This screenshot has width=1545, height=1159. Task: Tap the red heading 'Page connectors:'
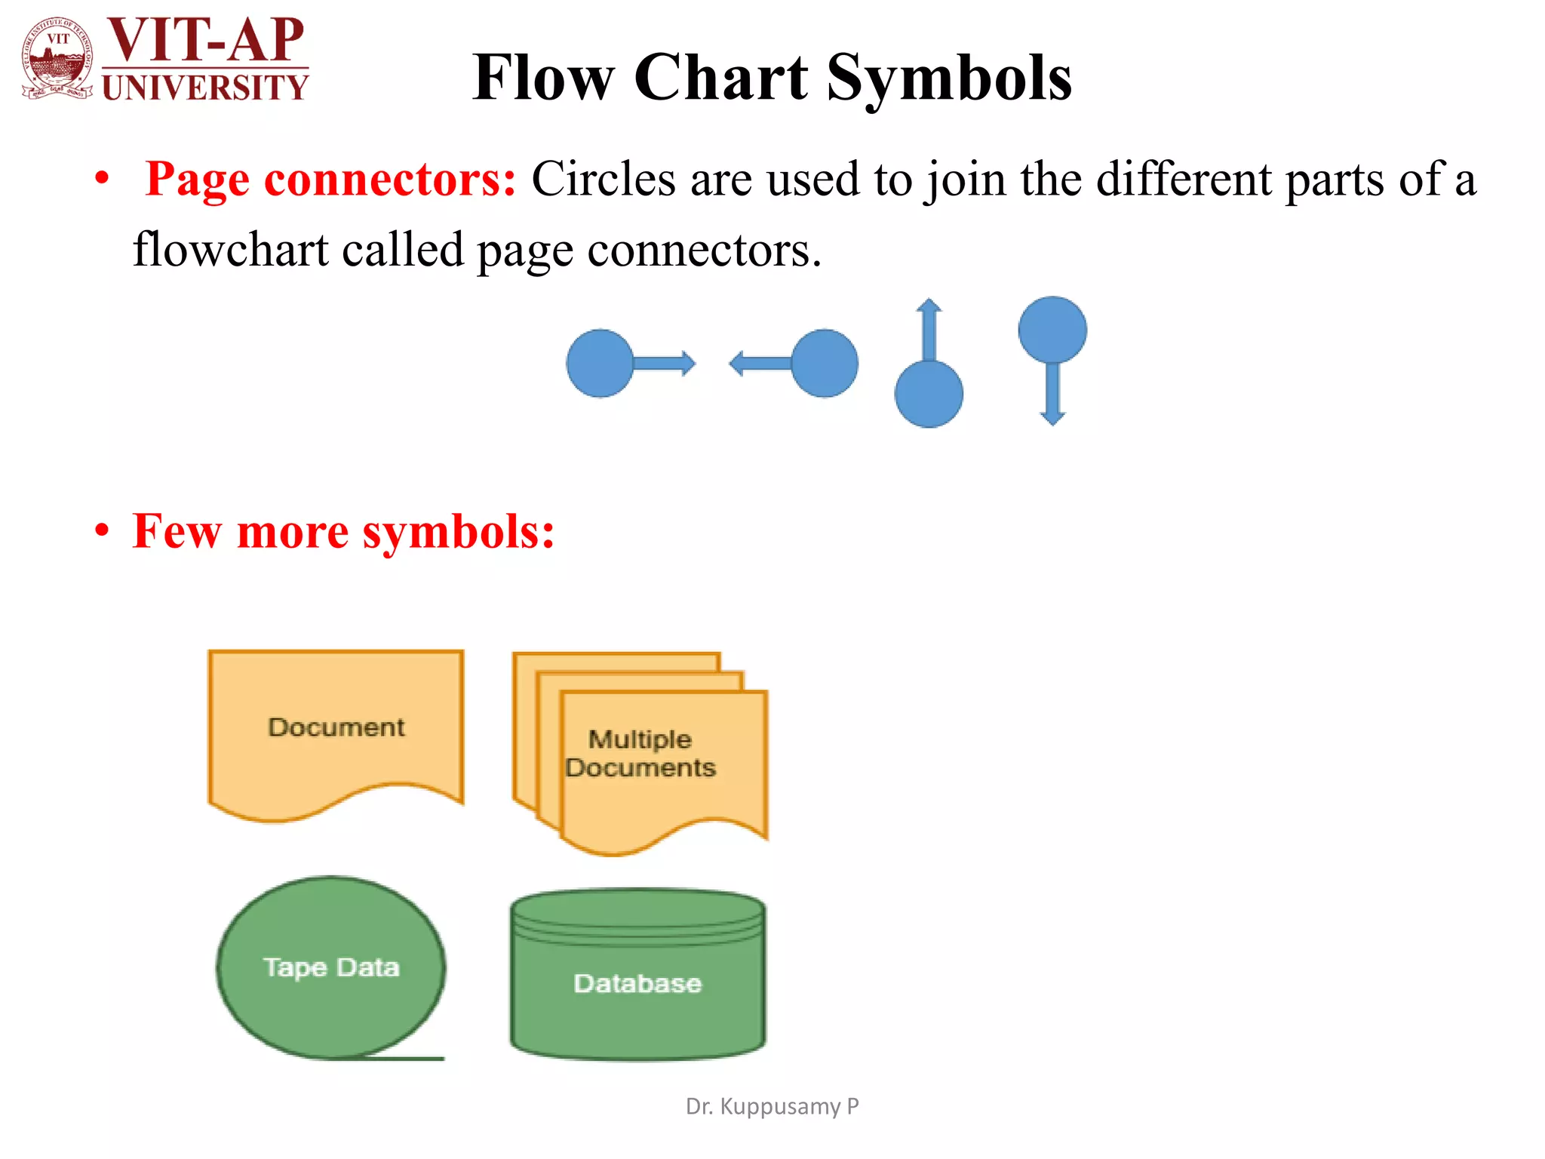pyautogui.click(x=330, y=180)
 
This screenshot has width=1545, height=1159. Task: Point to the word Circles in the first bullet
pyautogui.click(x=604, y=180)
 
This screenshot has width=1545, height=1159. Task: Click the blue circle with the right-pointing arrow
pyautogui.click(x=600, y=363)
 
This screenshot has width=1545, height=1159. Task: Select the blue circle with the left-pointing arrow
pyautogui.click(x=825, y=363)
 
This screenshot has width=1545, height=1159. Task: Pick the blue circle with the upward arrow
pyautogui.click(x=929, y=394)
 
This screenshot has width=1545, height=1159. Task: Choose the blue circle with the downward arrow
pyautogui.click(x=1052, y=330)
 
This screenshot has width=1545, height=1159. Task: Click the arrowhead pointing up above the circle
pyautogui.click(x=929, y=306)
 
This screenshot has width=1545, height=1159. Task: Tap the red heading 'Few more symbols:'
pyautogui.click(x=343, y=531)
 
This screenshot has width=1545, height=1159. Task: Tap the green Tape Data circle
pyautogui.click(x=330, y=967)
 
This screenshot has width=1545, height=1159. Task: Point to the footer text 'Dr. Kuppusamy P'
pyautogui.click(x=772, y=1106)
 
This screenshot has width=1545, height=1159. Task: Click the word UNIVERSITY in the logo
pyautogui.click(x=205, y=88)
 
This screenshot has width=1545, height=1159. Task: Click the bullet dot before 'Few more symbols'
pyautogui.click(x=102, y=531)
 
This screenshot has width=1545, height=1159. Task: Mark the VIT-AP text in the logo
pyautogui.click(x=205, y=39)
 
